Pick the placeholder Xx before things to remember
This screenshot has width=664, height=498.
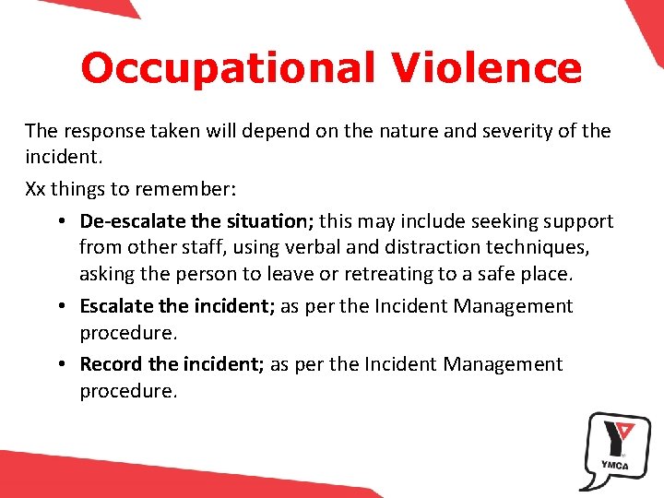click(x=35, y=189)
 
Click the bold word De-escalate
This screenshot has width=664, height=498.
click(x=128, y=221)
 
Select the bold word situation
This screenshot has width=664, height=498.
click(x=266, y=221)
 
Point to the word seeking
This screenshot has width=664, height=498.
click(x=504, y=221)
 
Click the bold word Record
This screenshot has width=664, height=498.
click(x=111, y=364)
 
